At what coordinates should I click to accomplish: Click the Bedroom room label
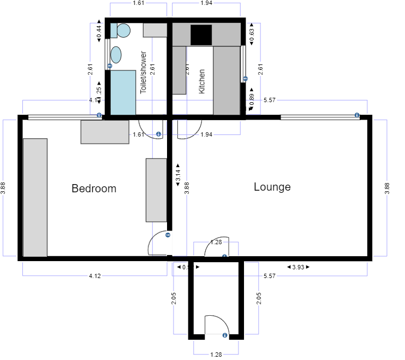(94, 189)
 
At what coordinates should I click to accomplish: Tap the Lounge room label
(272, 187)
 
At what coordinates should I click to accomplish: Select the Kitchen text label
(202, 81)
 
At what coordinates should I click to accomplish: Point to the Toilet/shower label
(144, 72)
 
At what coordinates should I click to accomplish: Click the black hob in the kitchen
(200, 35)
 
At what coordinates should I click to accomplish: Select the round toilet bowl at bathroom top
(123, 31)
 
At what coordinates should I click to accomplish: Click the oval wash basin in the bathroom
(116, 55)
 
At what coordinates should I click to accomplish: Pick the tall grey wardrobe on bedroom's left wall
(35, 197)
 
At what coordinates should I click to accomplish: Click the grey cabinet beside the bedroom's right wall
(156, 190)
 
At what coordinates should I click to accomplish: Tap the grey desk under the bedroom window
(105, 132)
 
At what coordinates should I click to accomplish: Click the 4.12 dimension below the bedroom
(94, 276)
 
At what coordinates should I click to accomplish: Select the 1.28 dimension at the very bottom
(216, 355)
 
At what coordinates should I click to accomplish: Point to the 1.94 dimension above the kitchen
(206, 3)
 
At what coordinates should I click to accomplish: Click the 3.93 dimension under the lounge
(298, 267)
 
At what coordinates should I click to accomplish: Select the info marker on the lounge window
(356, 115)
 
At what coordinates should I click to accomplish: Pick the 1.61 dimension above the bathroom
(139, 3)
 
